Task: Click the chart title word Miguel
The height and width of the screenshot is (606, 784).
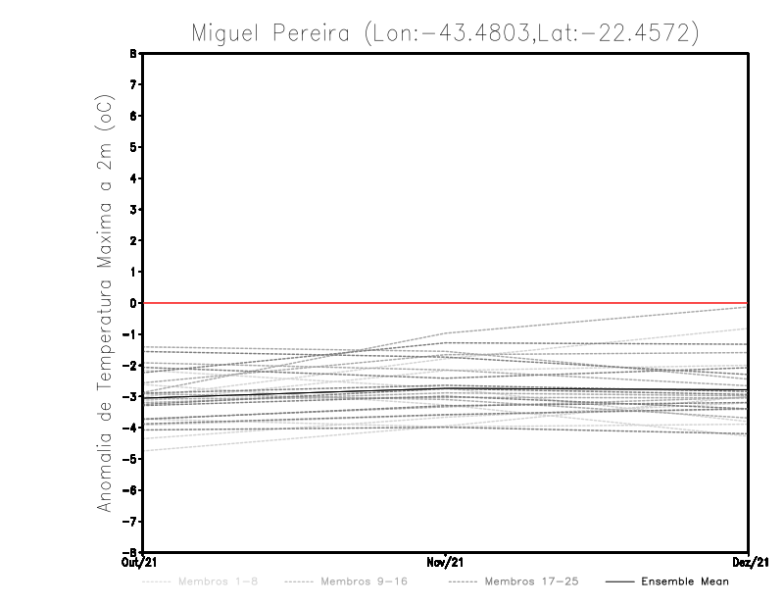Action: (x=226, y=33)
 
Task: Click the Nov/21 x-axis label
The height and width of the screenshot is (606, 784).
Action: (x=446, y=562)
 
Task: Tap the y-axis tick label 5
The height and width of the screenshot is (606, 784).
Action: (x=133, y=147)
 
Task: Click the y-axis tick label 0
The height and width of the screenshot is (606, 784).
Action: (x=133, y=303)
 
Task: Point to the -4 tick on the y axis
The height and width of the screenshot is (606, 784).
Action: (x=130, y=428)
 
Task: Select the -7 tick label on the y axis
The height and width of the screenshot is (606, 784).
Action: (x=130, y=521)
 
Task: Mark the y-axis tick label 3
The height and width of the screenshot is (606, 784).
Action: (x=133, y=210)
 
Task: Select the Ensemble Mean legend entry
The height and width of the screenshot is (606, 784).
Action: (x=685, y=581)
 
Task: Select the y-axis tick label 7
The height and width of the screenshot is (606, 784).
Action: (x=133, y=85)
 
